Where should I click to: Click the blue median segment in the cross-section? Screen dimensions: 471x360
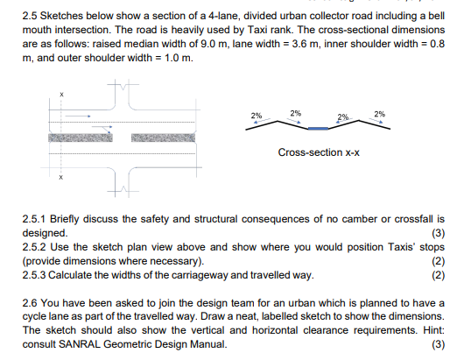coord(319,129)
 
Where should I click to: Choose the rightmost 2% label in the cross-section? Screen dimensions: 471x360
coord(379,114)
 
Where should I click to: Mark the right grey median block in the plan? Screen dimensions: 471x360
coord(175,137)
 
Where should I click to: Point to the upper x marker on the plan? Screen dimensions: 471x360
coord(62,94)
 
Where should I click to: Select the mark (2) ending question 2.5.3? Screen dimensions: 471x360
coord(439,274)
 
